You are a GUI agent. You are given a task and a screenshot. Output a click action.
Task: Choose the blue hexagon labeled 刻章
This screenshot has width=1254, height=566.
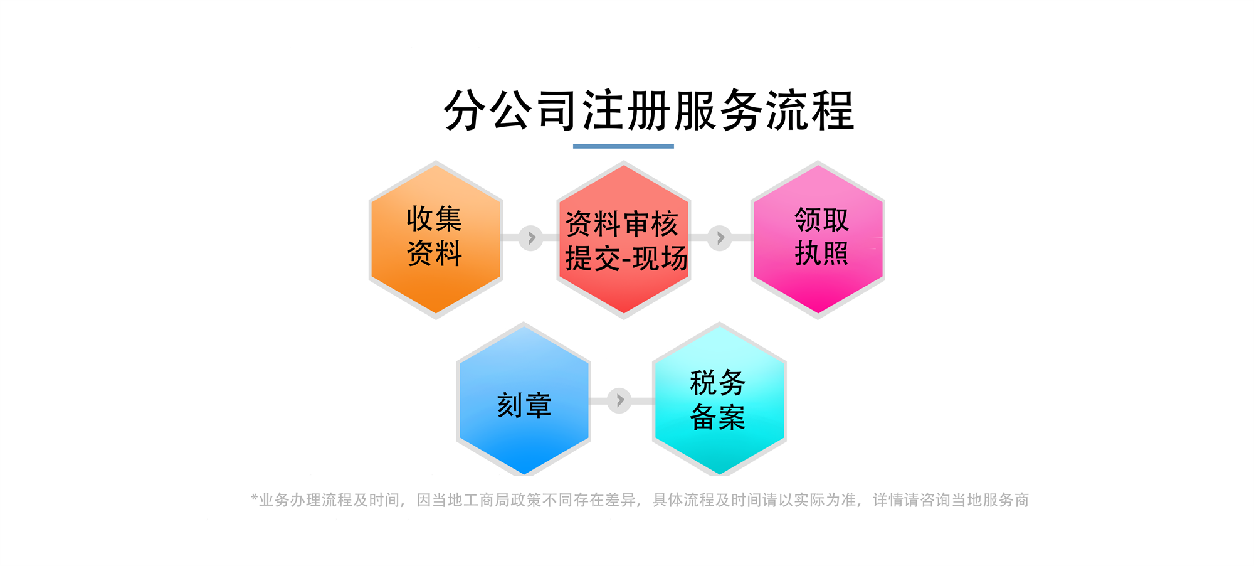point(524,400)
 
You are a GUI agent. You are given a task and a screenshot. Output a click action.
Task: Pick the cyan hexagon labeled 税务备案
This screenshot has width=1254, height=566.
point(719,400)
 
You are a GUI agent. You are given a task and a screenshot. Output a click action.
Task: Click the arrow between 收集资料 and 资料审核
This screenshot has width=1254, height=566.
point(531,238)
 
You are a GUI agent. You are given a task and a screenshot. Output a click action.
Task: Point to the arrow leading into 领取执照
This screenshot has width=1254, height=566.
point(720,238)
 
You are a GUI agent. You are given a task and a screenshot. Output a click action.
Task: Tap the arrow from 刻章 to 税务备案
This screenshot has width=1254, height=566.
point(619,400)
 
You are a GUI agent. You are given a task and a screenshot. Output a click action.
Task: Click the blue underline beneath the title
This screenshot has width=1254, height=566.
point(623,146)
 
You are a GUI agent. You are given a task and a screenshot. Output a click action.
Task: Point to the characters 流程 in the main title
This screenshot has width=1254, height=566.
point(810,110)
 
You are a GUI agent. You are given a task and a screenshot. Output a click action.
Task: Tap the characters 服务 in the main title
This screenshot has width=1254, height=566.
point(719,110)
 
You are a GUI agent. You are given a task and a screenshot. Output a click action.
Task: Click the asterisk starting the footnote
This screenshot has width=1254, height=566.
point(254,498)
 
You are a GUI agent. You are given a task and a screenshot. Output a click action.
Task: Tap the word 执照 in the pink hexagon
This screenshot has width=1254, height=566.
point(821,254)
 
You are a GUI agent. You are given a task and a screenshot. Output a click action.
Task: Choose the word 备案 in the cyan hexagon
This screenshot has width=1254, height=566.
point(717,417)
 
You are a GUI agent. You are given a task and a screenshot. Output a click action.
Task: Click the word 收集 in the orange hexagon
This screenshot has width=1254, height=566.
point(434,219)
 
